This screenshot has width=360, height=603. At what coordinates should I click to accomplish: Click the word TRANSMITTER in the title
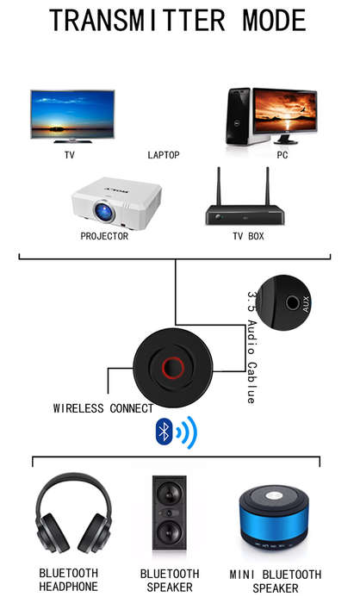coord(137,21)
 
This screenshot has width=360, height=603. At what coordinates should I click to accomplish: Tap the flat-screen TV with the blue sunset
coord(72,116)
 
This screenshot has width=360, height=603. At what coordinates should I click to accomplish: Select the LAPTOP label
coord(164,155)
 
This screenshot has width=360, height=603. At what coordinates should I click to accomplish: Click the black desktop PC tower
coord(239,116)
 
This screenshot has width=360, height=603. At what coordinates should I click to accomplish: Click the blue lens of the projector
coord(104,211)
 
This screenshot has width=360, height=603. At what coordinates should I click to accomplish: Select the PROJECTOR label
coord(104,236)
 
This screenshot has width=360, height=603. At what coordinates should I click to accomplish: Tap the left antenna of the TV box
coord(219,186)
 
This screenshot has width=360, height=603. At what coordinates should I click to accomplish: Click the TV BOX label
coord(248,236)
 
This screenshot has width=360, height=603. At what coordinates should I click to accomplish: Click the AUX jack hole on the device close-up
coord(293,302)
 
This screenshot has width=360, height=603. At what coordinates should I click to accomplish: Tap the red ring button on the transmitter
coord(173,368)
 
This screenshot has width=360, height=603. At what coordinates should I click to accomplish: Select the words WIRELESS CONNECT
coord(103,408)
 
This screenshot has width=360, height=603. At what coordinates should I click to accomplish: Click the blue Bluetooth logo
coord(164,432)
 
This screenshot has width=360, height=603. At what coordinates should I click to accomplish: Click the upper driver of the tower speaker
coord(169,493)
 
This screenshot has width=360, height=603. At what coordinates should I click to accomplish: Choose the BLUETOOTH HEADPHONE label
coord(68,580)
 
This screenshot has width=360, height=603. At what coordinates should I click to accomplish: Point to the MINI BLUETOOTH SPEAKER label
coord(276,581)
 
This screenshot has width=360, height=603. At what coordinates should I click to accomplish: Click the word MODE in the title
coord(275,21)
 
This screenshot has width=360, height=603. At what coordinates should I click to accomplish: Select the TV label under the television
coord(70,155)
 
